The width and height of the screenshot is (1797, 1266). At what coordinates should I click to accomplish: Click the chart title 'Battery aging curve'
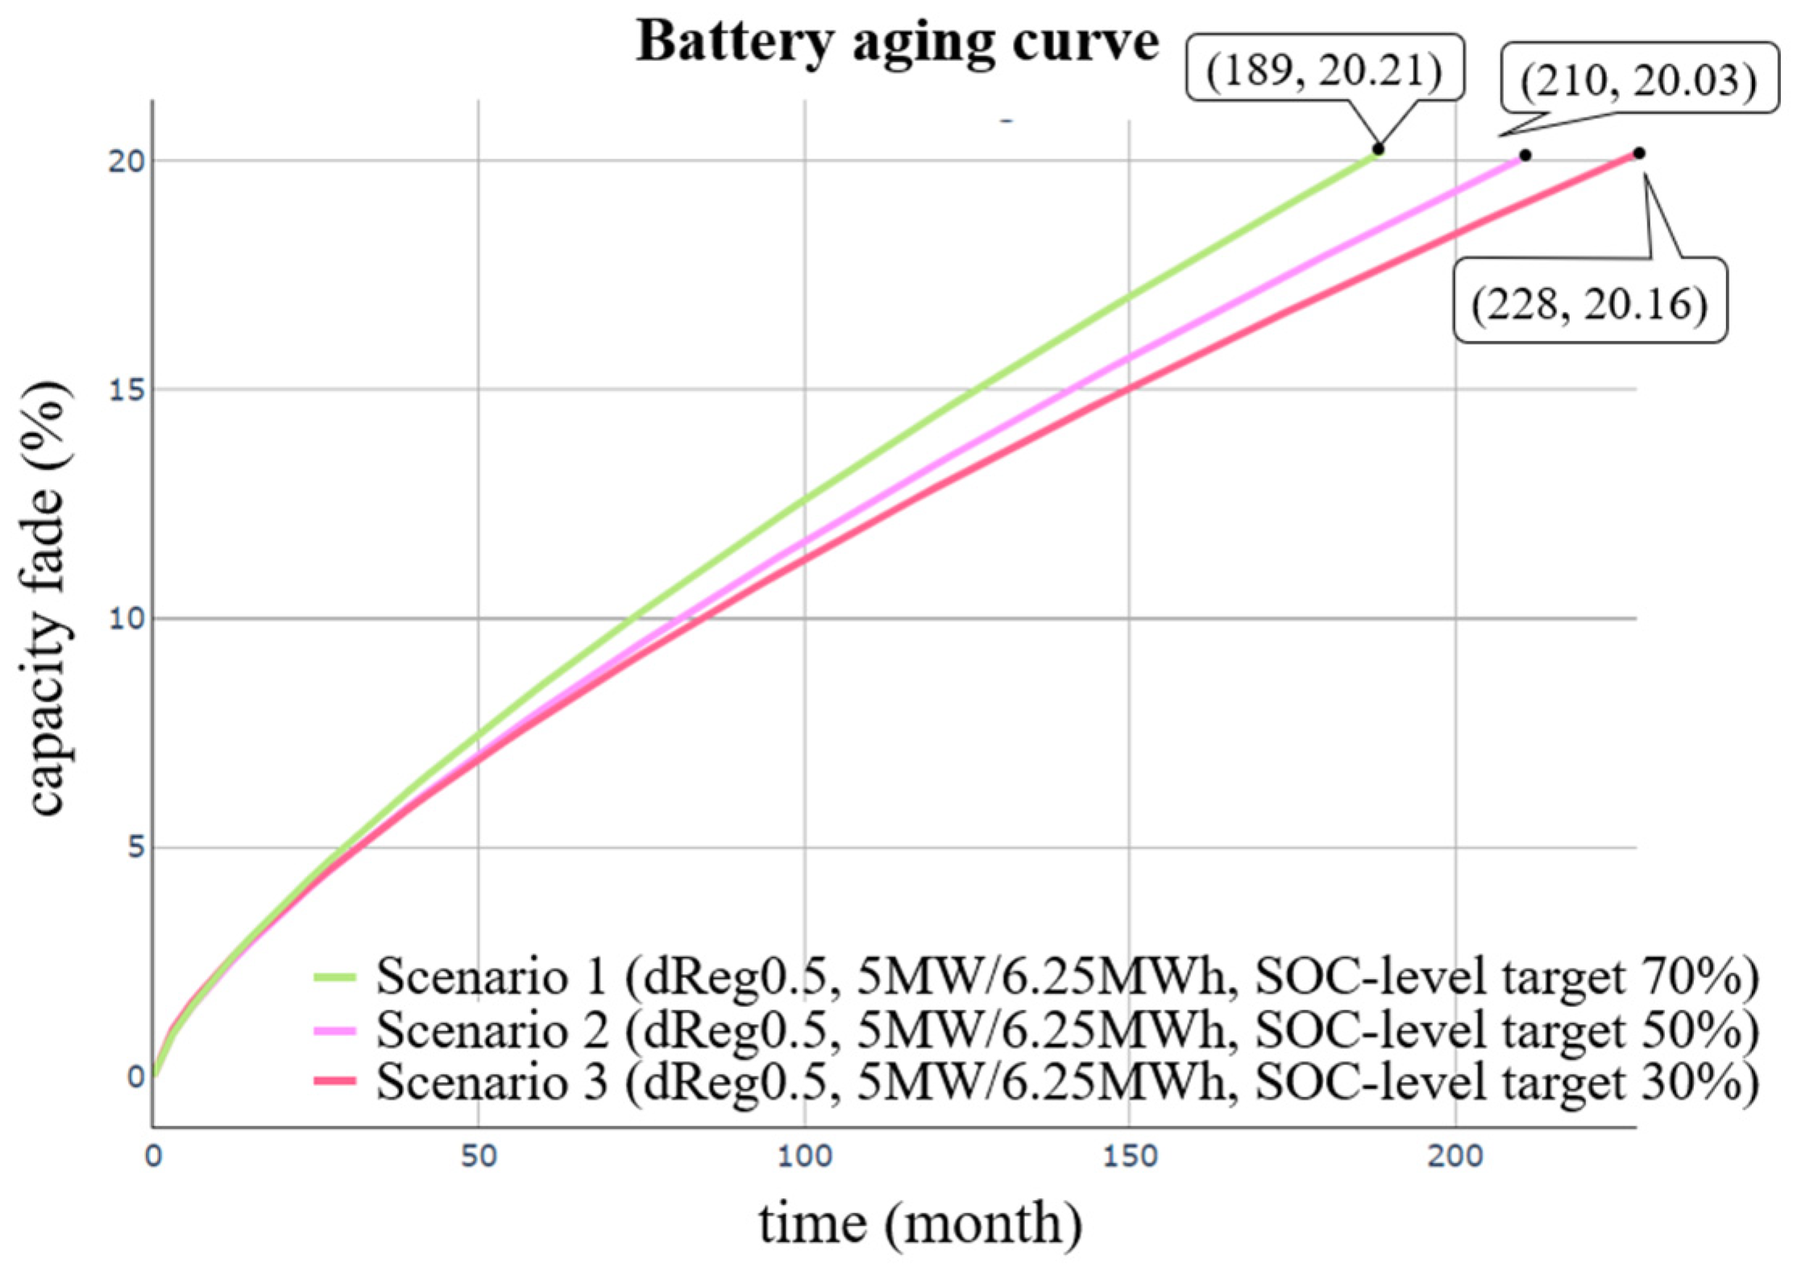pyautogui.click(x=897, y=42)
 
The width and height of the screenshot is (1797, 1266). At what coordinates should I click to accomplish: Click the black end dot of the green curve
pyautogui.click(x=1378, y=149)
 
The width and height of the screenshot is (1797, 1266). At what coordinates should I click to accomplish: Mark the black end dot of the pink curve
pyautogui.click(x=1525, y=155)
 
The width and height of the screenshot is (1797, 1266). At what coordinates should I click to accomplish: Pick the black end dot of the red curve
pyautogui.click(x=1639, y=153)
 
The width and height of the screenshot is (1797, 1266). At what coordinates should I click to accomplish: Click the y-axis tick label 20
pyautogui.click(x=127, y=161)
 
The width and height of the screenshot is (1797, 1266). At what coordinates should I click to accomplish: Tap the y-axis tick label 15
pyautogui.click(x=127, y=390)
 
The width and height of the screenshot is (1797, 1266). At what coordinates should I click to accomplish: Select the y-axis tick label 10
pyautogui.click(x=127, y=619)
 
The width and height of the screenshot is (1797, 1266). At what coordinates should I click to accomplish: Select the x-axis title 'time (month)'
pyautogui.click(x=920, y=1223)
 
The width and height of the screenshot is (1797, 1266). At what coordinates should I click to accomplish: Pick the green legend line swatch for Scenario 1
pyautogui.click(x=334, y=978)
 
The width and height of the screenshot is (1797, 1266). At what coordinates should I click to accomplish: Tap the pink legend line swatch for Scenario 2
pyautogui.click(x=334, y=1030)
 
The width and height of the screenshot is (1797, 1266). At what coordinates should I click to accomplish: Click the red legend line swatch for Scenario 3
pyautogui.click(x=334, y=1081)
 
